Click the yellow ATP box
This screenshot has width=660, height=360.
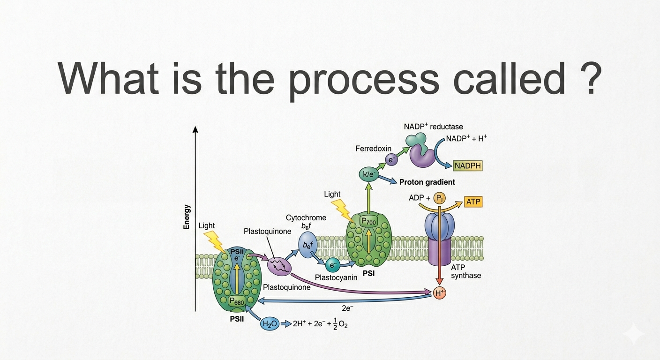point(473,202)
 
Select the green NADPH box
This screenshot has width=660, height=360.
point(468,166)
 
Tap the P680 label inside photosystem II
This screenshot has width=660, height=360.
point(237,301)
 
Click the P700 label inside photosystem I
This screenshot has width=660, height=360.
point(368,221)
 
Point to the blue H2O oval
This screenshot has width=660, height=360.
point(270,324)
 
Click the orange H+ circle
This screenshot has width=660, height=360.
point(439,293)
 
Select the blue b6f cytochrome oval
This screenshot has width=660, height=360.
point(307,245)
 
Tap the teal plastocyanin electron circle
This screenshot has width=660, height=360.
point(333,265)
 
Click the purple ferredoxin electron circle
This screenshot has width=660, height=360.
point(391,160)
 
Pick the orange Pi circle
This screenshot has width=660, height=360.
point(439,198)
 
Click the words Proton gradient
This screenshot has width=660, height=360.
point(427,182)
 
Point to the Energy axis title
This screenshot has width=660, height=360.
point(186,217)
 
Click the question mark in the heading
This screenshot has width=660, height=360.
point(590,78)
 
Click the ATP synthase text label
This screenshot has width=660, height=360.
point(466,271)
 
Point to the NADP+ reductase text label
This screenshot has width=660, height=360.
point(434,127)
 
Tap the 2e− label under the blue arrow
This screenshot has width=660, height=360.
point(347,308)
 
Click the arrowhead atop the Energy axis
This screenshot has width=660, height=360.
point(195,129)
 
